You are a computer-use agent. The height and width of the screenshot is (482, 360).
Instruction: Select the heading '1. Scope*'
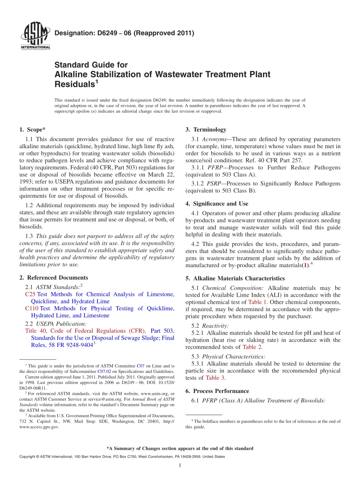click(33, 130)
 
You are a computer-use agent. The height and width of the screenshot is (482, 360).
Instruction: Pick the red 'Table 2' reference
click(252, 347)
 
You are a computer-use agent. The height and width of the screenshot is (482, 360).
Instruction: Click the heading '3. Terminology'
click(206, 130)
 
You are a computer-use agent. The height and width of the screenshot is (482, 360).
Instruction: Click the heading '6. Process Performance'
click(217, 391)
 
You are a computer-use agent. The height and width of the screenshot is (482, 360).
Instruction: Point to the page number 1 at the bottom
click(180, 465)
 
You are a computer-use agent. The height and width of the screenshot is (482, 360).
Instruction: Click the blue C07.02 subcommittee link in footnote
click(104, 372)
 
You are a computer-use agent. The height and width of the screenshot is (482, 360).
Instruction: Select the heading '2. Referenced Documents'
click(53, 278)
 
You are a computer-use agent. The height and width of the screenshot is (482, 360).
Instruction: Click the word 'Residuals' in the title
click(74, 84)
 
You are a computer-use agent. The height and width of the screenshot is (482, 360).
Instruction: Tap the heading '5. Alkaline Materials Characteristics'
click(235, 279)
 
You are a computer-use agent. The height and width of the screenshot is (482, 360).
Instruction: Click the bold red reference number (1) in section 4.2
click(305, 266)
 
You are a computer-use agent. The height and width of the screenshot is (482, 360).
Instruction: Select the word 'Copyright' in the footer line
click(28, 457)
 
